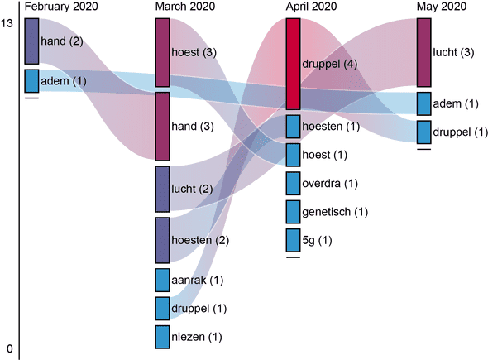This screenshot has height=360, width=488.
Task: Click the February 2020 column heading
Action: point(61,7)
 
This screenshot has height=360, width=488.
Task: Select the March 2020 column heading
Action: point(185,7)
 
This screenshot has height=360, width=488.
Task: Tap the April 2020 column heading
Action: point(311,7)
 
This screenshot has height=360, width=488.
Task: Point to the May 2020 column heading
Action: point(442,7)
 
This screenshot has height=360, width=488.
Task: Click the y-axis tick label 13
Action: point(7,23)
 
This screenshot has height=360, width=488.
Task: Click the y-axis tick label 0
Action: point(10,348)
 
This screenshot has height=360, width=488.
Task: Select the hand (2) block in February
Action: point(31,41)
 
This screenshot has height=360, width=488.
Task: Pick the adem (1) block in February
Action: point(31,81)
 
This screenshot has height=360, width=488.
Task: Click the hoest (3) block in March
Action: point(162,52)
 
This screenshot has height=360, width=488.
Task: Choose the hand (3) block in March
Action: point(162,126)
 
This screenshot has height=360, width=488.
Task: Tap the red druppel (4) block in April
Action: point(293,64)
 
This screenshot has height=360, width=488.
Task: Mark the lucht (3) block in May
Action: point(423,52)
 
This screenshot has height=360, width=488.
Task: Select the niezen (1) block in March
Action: point(162,337)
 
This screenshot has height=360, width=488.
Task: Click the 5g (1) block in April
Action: point(293,240)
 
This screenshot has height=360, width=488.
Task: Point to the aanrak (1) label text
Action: point(198,281)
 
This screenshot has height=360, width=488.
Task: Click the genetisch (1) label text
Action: point(335,212)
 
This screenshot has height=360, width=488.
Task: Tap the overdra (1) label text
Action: point(330,184)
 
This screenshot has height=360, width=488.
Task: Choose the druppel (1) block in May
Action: point(423,132)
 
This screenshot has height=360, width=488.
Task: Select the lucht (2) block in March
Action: point(162,189)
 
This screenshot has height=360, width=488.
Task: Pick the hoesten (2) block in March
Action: point(162,240)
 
